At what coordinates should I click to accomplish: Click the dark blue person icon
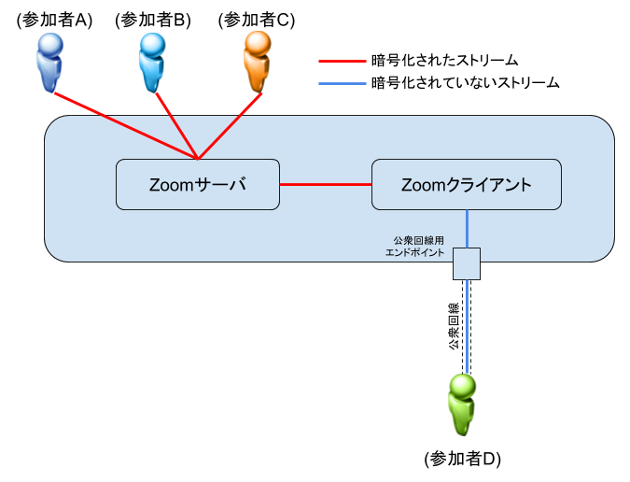pos(50,62)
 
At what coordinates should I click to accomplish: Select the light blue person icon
pos(152,62)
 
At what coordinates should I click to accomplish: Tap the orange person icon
pos(257,62)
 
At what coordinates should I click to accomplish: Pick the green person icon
pos(461,404)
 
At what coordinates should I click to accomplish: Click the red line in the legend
pos(343,62)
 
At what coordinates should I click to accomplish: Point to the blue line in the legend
pos(343,84)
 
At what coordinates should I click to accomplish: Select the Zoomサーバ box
pos(197,184)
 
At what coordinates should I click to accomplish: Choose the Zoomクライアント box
pos(466,184)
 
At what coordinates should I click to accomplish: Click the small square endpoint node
pos(467,263)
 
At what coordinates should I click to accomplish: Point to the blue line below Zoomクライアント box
pos(467,228)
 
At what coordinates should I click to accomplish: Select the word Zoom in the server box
pos(170,185)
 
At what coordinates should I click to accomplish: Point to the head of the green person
pos(462,385)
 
